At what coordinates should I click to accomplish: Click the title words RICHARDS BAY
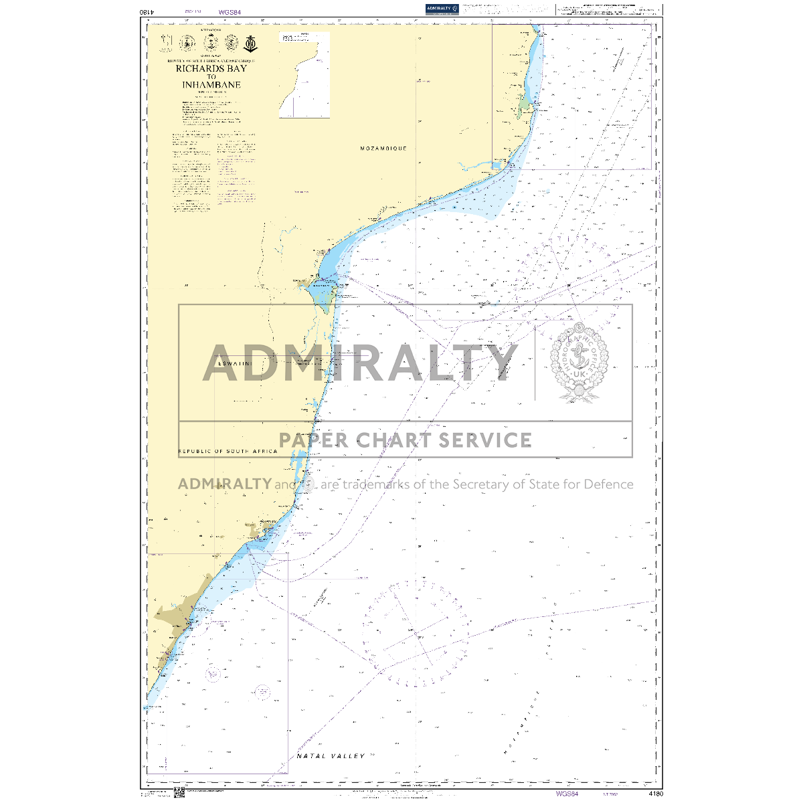211,68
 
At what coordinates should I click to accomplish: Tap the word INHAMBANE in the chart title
211,85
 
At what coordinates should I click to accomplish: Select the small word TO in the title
211,77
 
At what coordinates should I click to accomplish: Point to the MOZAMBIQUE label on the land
383,148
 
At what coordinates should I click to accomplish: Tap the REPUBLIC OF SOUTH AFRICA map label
228,452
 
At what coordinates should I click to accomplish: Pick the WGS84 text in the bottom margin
566,794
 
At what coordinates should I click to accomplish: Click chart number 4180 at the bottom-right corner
655,794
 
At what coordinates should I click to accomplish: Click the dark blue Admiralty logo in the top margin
442,9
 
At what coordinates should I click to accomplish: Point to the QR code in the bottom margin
179,794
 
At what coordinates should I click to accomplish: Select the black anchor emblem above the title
250,43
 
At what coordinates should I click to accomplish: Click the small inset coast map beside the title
304,74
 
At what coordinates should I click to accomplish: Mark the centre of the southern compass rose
415,632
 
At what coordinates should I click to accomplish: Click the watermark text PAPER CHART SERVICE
405,440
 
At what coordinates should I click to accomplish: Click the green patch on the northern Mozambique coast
524,106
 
